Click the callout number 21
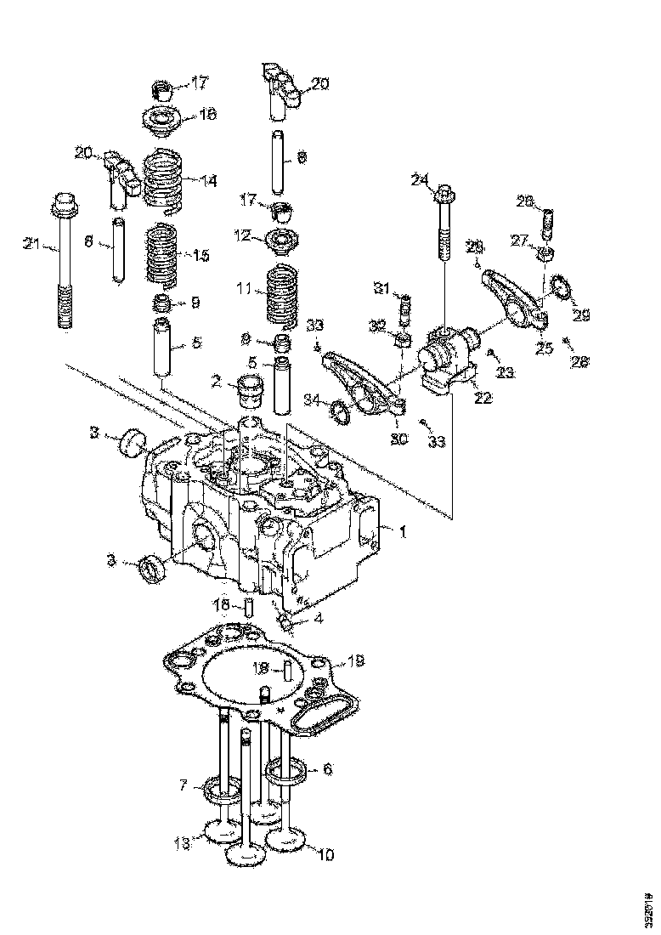tap(31, 245)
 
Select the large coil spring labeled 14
tap(164, 181)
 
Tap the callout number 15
tap(201, 255)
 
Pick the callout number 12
tap(243, 236)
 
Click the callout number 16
tap(207, 116)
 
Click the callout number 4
tap(318, 620)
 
